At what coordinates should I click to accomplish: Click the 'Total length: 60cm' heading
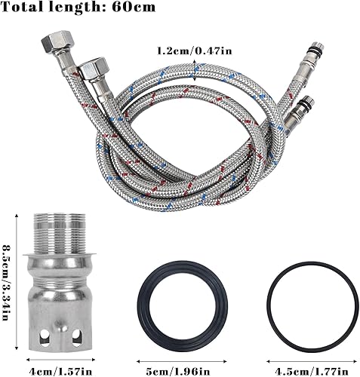tap(78, 7)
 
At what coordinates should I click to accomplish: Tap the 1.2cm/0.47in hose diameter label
tap(195, 51)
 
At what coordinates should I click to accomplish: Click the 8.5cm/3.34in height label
tap(6, 283)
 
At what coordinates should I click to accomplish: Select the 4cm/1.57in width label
tap(60, 371)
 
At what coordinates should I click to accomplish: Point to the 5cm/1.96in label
tap(181, 371)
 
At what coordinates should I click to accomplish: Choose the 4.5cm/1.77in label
tap(312, 371)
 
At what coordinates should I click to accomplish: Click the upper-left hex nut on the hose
tap(58, 42)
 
